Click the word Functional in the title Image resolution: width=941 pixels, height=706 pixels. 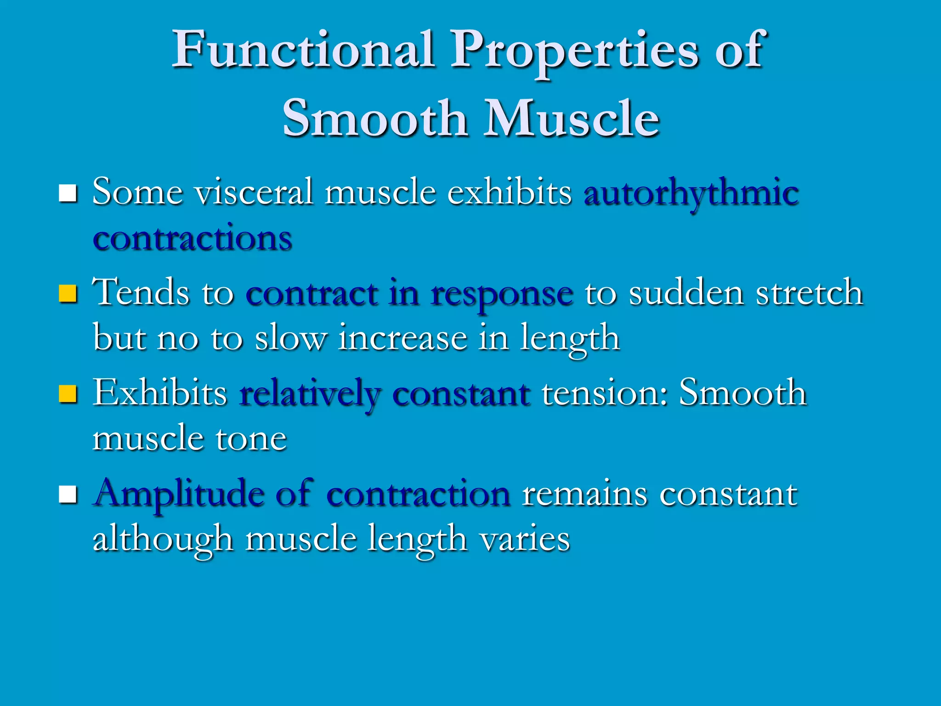click(303, 50)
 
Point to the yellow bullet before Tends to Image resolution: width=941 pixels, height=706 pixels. click(68, 294)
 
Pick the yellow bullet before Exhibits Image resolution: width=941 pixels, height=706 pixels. click(68, 394)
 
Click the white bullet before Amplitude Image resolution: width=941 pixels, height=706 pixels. click(68, 495)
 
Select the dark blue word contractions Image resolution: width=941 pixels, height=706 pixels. click(193, 239)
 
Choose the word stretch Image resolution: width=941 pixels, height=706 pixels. click(810, 293)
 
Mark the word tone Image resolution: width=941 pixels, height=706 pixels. click(251, 439)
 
